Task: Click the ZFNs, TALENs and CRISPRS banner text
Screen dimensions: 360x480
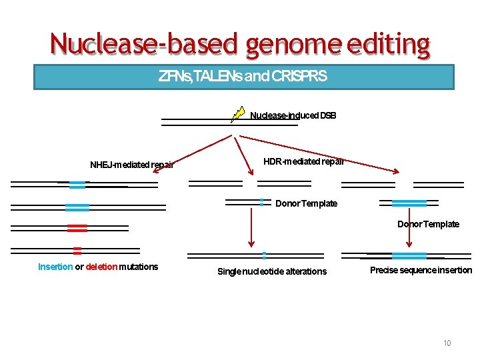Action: tap(243, 77)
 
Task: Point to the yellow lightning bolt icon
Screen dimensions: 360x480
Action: tap(238, 114)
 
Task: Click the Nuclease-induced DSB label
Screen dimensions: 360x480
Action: tap(293, 116)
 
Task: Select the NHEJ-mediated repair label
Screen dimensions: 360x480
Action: tap(132, 165)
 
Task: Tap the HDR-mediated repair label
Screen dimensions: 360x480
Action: tap(304, 161)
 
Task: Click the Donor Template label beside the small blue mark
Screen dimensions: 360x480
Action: tap(307, 203)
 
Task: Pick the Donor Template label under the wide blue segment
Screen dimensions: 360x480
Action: tap(429, 224)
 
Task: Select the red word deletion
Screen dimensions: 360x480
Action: tap(101, 267)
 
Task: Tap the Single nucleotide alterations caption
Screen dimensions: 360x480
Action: tap(272, 271)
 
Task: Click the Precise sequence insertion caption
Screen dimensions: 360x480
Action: tap(421, 270)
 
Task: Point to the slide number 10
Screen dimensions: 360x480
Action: tap(447, 343)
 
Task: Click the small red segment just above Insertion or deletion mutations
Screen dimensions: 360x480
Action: tap(77, 251)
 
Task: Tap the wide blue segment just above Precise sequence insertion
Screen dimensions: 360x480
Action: tap(409, 255)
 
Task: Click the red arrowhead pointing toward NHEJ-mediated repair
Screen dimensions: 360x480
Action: tap(156, 171)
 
